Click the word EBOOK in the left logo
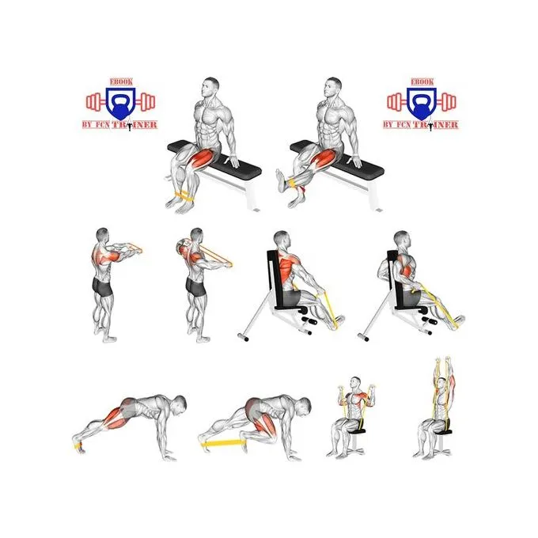tap(121, 82)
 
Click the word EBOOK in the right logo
tap(422, 82)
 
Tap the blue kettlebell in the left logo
tap(120, 108)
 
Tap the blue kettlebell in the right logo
tap(422, 108)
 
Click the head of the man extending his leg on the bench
tap(333, 87)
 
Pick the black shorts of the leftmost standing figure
tap(102, 287)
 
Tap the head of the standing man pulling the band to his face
tap(196, 237)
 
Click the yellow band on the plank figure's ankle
tap(78, 445)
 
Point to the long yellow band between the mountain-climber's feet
tap(223, 443)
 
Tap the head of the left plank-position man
tap(179, 403)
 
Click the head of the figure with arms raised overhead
tap(442, 385)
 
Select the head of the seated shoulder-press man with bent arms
tap(355, 385)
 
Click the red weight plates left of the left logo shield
tap(93, 102)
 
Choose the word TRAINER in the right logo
tap(436, 124)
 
